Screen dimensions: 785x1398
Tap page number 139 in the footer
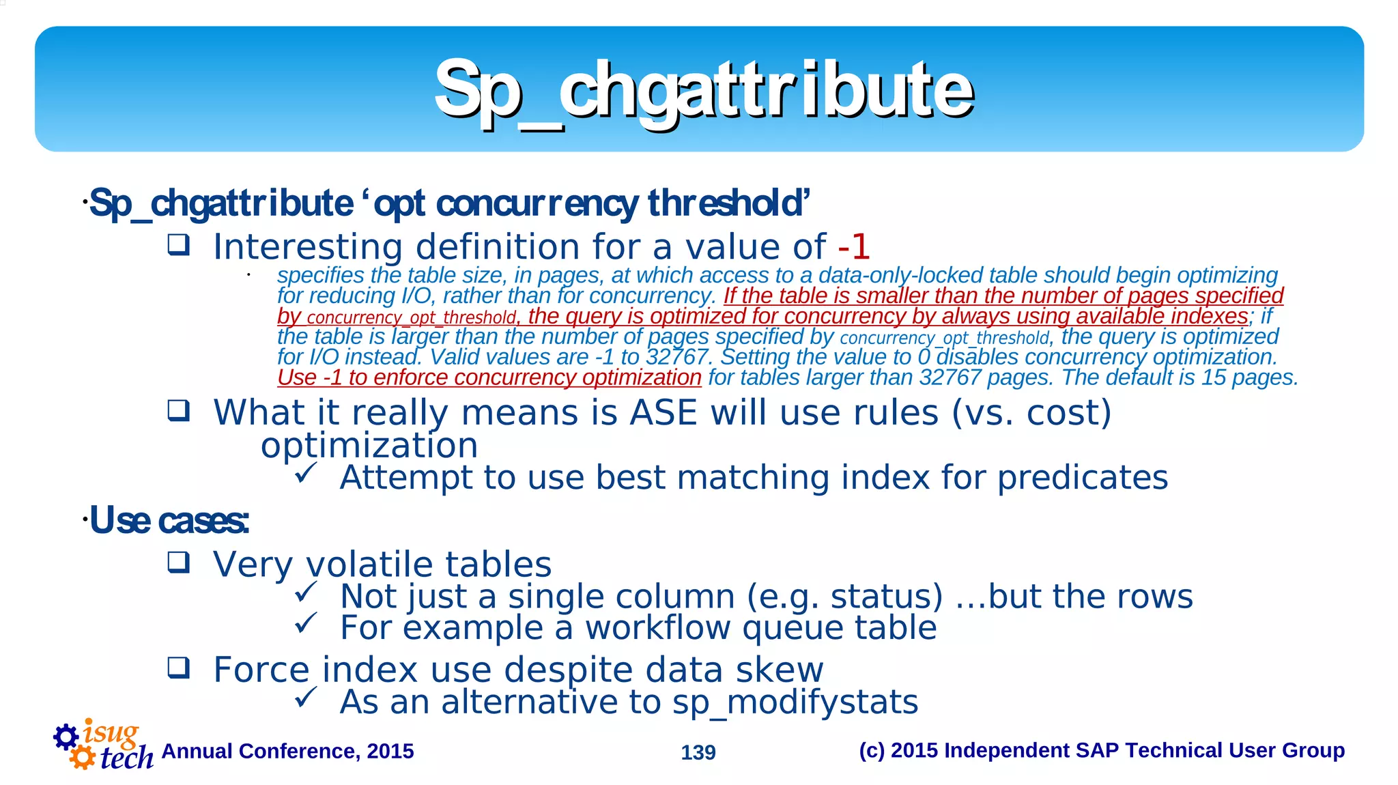tap(698, 752)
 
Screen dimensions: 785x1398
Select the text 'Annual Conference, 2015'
tap(287, 751)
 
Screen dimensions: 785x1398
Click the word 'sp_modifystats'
tap(795, 702)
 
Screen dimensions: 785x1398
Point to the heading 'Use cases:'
tap(169, 520)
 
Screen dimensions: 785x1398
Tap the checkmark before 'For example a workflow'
tap(305, 623)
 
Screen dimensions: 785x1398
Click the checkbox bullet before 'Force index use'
tap(179, 668)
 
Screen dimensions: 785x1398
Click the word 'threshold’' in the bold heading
tap(728, 203)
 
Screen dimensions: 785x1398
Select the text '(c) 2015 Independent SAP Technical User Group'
tap(1101, 750)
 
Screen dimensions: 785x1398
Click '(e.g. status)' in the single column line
tap(844, 597)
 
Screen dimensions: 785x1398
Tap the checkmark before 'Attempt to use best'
tap(305, 472)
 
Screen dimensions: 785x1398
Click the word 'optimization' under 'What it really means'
tap(369, 446)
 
